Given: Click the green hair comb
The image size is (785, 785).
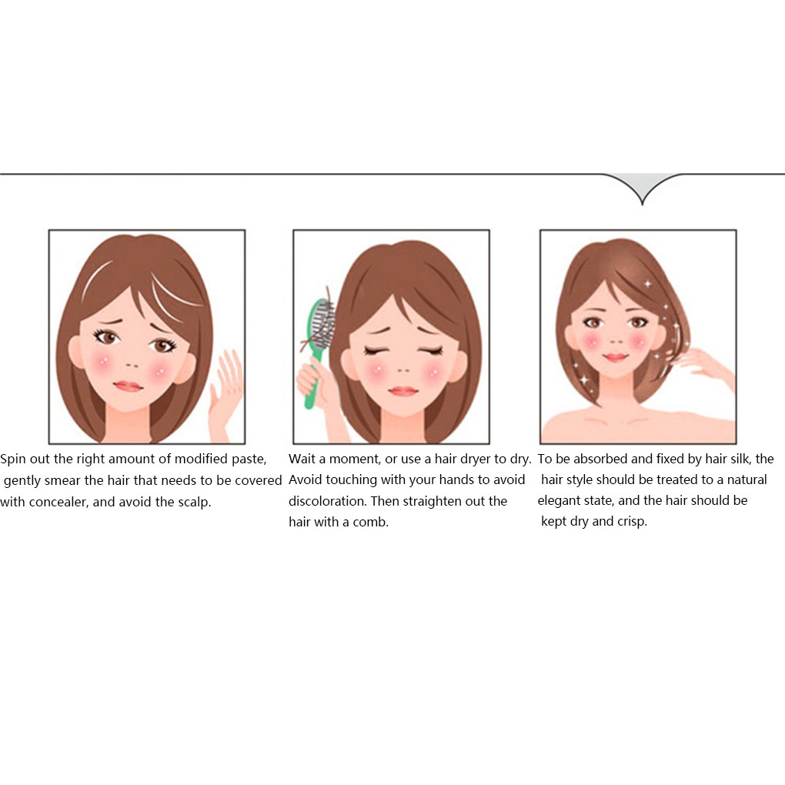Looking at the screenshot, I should pos(318,339).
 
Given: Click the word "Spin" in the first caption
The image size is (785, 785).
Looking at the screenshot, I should pos(14,459).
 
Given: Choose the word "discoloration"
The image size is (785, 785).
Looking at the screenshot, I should pos(328,501).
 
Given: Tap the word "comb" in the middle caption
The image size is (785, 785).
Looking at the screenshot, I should pos(371,522).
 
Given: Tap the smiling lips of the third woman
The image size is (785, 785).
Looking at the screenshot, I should pos(615,358).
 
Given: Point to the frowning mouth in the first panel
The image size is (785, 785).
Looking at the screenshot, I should pos(128,386).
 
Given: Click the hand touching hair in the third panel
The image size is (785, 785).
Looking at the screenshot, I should pos(704,362).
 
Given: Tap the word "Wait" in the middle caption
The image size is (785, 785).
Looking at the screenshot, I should pos(302,459).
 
